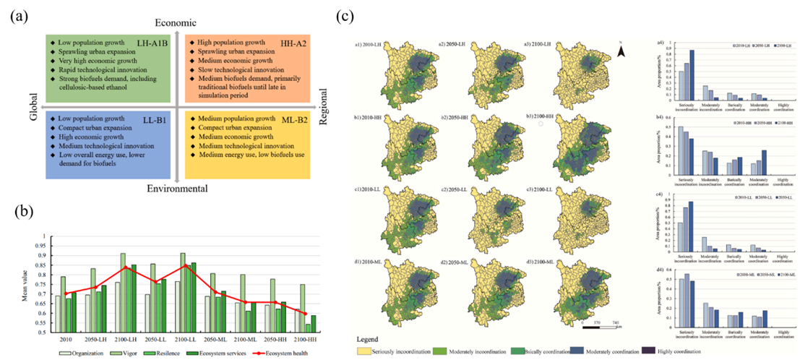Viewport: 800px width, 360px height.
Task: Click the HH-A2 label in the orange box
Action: click(x=293, y=44)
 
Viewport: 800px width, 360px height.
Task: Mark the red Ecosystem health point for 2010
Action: click(x=65, y=293)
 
